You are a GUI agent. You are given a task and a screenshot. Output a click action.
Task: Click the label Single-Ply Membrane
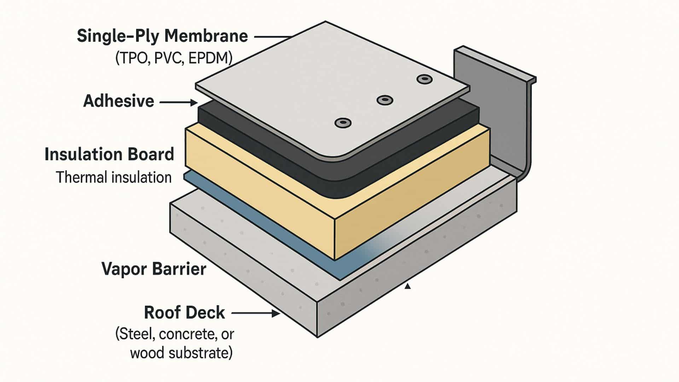click(x=162, y=36)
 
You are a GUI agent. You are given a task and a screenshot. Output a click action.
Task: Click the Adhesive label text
click(x=119, y=101)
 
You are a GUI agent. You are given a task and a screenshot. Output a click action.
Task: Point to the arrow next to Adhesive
click(x=179, y=103)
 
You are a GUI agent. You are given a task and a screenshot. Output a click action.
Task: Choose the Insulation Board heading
click(x=109, y=155)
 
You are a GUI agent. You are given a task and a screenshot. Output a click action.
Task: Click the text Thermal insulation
click(x=114, y=177)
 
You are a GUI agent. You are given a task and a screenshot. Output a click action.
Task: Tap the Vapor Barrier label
click(x=154, y=269)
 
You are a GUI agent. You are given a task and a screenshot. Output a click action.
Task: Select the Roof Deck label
click(x=185, y=313)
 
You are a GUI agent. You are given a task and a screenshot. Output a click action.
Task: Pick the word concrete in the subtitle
click(x=187, y=334)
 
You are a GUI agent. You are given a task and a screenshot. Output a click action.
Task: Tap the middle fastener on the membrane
click(x=385, y=100)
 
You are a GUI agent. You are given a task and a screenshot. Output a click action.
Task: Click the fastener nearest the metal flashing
click(x=425, y=79)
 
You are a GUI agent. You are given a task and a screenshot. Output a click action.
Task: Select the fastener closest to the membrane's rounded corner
click(x=343, y=123)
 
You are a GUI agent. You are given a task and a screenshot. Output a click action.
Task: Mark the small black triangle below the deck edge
click(x=408, y=286)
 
